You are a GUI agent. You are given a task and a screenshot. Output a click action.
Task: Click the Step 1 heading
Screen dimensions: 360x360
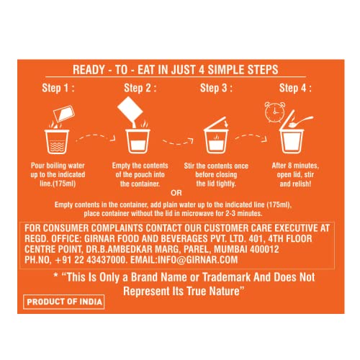click(x=58, y=88)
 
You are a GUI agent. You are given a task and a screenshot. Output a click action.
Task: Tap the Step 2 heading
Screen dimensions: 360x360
click(x=140, y=88)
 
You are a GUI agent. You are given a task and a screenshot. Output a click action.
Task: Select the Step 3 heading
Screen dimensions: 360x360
click(x=216, y=88)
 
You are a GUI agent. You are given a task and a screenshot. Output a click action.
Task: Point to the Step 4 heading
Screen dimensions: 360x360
click(x=295, y=88)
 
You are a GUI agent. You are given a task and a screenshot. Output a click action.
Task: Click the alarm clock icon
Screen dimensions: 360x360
click(x=275, y=112)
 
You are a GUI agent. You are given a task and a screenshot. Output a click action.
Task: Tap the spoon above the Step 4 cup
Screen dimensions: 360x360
click(x=300, y=121)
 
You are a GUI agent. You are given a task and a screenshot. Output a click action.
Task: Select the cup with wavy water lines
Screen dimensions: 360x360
click(x=57, y=142)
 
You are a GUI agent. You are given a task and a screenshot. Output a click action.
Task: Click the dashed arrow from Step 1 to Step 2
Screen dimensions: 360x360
click(x=96, y=138)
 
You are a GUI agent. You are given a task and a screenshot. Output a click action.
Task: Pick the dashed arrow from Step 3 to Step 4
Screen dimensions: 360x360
click(x=251, y=138)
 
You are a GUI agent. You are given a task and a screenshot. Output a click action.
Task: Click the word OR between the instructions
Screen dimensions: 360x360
click(x=176, y=193)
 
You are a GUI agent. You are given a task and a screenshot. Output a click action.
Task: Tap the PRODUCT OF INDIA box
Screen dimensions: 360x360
click(x=64, y=302)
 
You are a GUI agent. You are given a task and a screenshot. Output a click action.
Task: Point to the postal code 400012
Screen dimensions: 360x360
click(x=264, y=249)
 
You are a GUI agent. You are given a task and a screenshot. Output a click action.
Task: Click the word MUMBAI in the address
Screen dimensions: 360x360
click(x=230, y=249)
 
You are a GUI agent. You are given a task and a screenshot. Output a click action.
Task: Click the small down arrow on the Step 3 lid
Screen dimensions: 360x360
click(x=225, y=124)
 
